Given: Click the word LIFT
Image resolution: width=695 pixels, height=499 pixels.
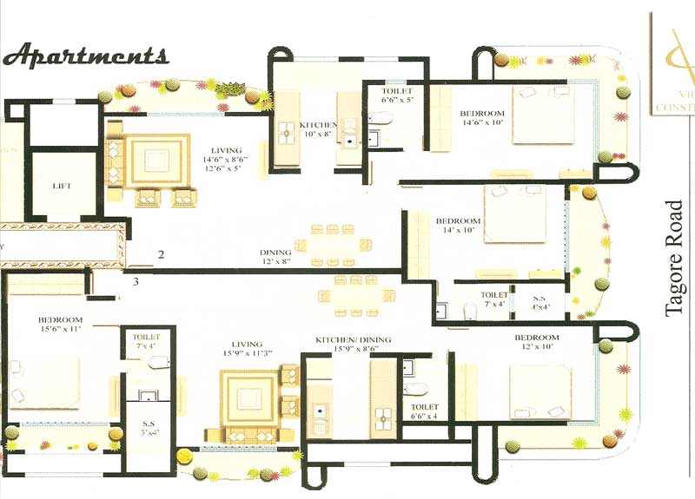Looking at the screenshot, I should tap(61, 186).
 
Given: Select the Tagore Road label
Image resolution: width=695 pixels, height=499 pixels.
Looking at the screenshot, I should tap(677, 259).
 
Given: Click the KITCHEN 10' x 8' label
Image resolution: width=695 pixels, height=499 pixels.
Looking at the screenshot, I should tap(317, 129).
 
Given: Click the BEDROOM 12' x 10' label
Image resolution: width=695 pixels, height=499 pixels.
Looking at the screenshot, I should tap(537, 342).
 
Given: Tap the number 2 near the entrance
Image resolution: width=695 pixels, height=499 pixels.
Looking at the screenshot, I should tap(161, 254).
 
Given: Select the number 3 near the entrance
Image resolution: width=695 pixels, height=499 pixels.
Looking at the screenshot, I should tap(136, 281).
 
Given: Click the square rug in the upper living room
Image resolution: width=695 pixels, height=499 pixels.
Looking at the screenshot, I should tap(157, 161).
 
